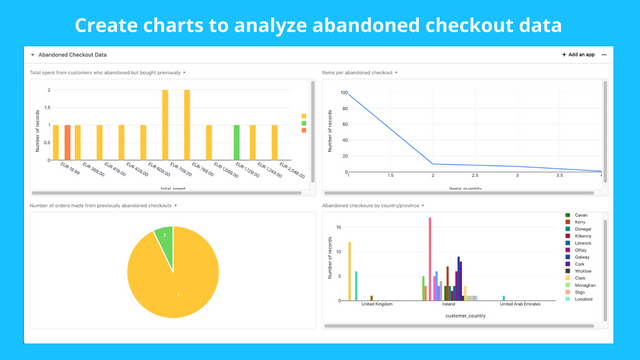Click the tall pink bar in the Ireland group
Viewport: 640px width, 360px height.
[x=430, y=258]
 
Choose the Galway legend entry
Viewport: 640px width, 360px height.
[x=583, y=256]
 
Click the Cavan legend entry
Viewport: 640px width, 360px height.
[x=580, y=215]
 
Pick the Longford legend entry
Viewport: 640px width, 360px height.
[x=584, y=298]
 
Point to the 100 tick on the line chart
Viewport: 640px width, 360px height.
[x=342, y=93]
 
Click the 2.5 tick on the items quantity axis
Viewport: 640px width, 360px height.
[x=475, y=176]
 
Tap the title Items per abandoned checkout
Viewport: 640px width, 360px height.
[x=357, y=73]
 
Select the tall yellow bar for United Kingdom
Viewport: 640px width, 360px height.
[x=349, y=271]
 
